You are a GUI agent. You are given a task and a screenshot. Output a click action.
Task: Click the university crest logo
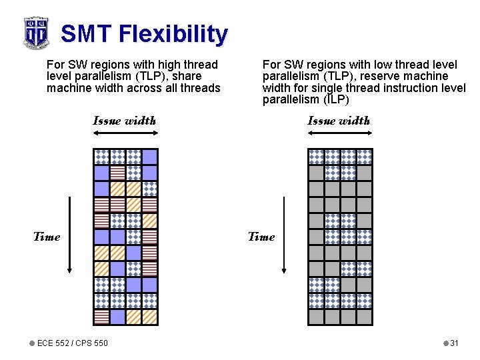[36, 33]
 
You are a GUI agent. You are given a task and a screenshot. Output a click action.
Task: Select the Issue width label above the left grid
[125, 121]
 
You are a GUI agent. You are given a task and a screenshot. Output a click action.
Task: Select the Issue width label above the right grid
[339, 121]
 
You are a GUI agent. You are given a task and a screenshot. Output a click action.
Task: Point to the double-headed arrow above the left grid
[125, 134]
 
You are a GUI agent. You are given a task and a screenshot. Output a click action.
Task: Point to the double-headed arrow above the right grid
[339, 134]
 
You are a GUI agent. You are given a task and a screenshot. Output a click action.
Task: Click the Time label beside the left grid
[47, 237]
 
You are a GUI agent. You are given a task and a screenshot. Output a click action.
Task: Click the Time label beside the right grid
[261, 237]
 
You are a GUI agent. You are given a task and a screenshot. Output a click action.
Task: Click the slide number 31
[454, 343]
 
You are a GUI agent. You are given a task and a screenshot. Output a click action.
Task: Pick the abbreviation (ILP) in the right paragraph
[336, 99]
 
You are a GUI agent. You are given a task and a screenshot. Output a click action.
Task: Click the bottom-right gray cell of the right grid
[364, 317]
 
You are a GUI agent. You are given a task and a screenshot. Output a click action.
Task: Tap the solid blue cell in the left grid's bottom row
[117, 317]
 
